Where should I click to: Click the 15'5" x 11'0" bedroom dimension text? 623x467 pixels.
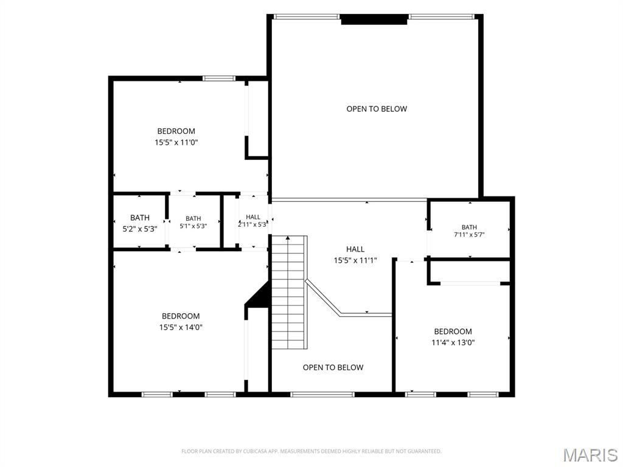tap(176, 142)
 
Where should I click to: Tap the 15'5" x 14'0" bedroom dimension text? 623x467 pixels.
tap(181, 327)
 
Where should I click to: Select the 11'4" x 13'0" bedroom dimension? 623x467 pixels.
tap(453, 342)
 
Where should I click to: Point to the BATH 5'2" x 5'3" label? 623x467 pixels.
tap(140, 223)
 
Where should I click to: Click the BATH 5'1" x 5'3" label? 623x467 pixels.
tap(193, 223)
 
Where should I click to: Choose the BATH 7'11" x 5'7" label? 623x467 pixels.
tap(469, 230)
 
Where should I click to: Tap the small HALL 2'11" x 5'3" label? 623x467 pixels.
tap(252, 221)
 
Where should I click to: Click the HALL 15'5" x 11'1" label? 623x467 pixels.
tap(355, 255)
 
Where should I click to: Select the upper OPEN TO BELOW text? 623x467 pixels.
tap(377, 109)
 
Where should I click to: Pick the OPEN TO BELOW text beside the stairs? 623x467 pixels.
tap(333, 367)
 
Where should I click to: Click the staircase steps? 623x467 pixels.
tap(289, 292)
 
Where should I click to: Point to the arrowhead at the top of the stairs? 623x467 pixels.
tap(288, 238)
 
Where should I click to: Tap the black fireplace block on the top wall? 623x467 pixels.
tap(374, 19)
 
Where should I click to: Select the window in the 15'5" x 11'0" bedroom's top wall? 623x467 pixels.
tap(219, 78)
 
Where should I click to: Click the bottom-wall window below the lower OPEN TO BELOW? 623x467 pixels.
tap(322, 394)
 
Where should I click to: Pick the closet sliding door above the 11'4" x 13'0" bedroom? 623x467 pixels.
tap(470, 283)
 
